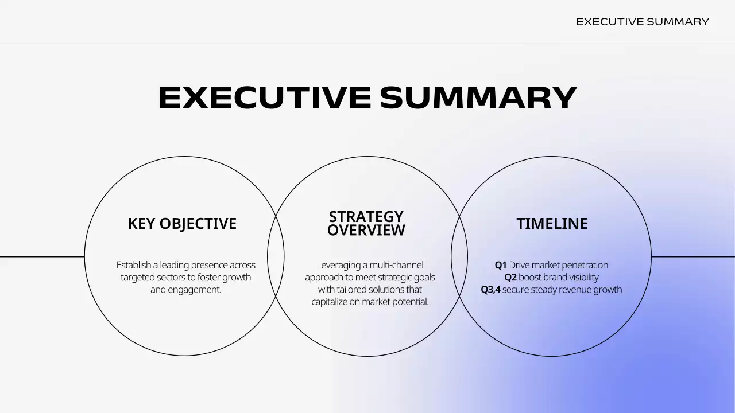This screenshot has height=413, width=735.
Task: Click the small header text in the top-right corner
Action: click(x=643, y=22)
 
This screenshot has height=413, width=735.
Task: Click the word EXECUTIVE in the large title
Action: click(x=264, y=98)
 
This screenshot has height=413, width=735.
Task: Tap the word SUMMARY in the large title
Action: click(x=478, y=98)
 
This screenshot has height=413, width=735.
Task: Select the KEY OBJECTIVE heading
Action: click(x=182, y=224)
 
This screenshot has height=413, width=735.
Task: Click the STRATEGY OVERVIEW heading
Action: click(x=366, y=224)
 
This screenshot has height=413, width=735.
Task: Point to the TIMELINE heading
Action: click(x=552, y=224)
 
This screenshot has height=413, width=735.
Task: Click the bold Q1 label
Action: click(x=501, y=265)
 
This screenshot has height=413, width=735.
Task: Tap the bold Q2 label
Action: click(x=510, y=278)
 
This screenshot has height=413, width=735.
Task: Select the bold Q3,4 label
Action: click(x=490, y=290)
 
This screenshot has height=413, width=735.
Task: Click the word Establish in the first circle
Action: click(x=133, y=265)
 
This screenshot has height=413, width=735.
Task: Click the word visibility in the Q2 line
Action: click(x=583, y=278)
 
